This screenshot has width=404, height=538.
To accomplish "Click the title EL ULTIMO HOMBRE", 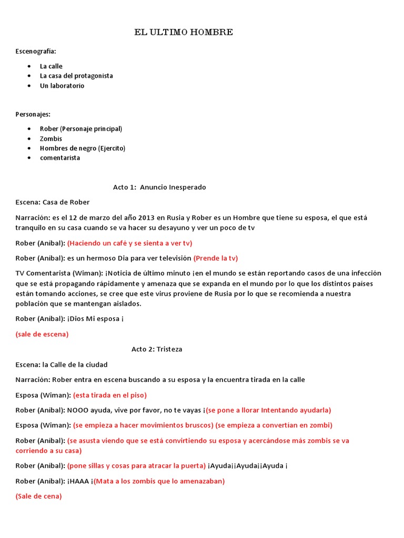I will pyautogui.click(x=184, y=33).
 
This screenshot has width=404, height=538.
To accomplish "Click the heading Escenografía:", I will pyautogui.click(x=35, y=51).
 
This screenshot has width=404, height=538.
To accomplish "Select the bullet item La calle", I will pyautogui.click(x=51, y=66).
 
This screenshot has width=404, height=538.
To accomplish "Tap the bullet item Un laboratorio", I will pyautogui.click(x=62, y=86).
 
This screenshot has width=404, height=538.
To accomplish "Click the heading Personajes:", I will pyautogui.click(x=33, y=114).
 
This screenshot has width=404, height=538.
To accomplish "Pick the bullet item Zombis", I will pyautogui.click(x=51, y=139).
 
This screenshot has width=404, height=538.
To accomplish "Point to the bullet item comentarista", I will pyautogui.click(x=60, y=158).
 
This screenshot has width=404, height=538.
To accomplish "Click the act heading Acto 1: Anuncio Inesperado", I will pyautogui.click(x=159, y=187).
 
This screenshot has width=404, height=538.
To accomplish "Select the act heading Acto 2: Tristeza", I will pyautogui.click(x=157, y=349).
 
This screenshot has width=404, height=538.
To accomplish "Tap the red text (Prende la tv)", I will pyautogui.click(x=216, y=258).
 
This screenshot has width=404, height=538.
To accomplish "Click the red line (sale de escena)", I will pyautogui.click(x=42, y=334).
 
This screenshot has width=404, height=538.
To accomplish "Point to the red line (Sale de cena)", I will pyautogui.click(x=38, y=496).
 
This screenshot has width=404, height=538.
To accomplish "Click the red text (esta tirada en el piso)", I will pyautogui.click(x=109, y=395).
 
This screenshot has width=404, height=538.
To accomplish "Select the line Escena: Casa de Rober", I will pyautogui.click(x=53, y=202).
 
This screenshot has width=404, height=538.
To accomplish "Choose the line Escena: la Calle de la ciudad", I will pyautogui.click(x=62, y=364).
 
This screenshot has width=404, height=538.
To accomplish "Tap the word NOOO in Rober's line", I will pyautogui.click(x=77, y=410).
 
